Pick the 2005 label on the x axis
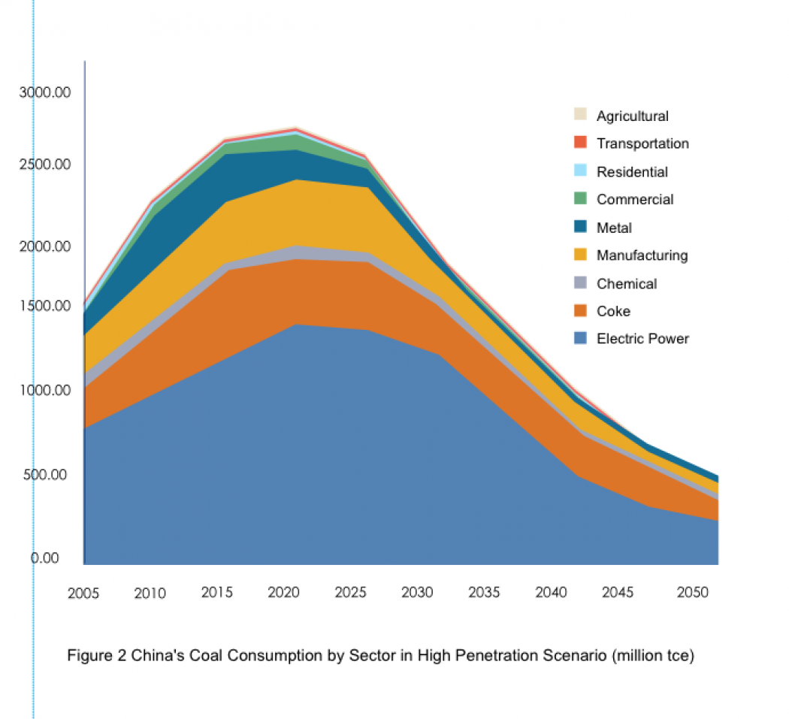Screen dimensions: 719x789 click(83, 594)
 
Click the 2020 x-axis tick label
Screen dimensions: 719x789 click(284, 593)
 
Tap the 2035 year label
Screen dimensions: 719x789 click(485, 593)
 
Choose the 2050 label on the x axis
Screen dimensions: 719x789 click(692, 593)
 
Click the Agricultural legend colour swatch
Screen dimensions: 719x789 click(580, 115)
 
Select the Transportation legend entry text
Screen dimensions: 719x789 click(642, 143)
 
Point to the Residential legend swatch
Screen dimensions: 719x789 click(580, 171)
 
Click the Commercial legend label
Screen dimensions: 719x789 click(635, 200)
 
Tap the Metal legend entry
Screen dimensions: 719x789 click(614, 228)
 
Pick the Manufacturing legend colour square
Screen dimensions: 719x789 click(580, 255)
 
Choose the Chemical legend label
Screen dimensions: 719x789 click(627, 284)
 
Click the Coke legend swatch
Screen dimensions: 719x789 click(580, 311)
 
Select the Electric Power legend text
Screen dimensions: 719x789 click(642, 339)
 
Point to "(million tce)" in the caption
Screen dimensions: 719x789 click(653, 656)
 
